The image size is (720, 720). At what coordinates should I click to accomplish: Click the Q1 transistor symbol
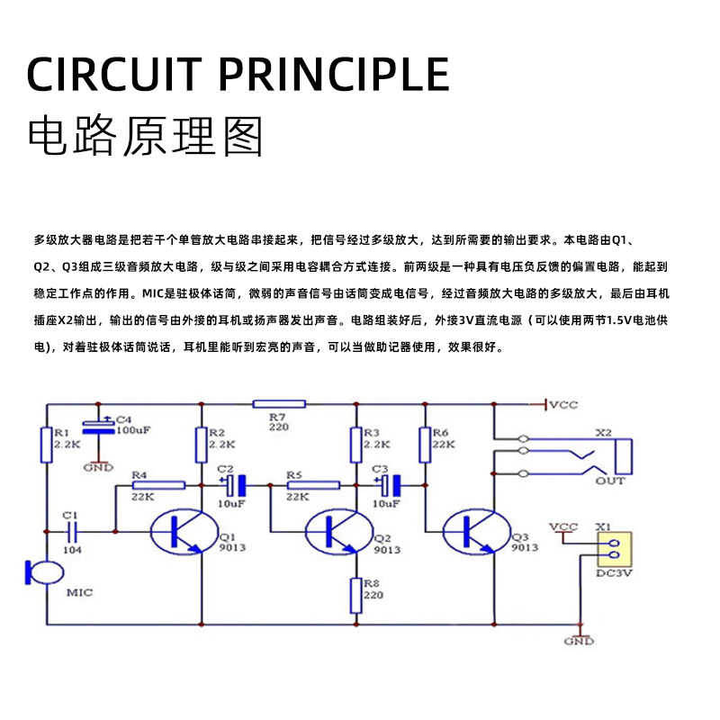tap(184, 531)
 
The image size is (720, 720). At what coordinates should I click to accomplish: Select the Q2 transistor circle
tap(339, 531)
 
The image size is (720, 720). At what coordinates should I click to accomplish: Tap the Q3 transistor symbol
tap(477, 531)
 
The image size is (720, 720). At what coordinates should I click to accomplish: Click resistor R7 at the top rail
tap(279, 404)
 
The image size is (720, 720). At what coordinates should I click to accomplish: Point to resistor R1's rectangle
tap(47, 445)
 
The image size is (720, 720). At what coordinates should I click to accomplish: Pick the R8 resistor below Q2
tap(355, 596)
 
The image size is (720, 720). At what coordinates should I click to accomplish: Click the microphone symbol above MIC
tap(44, 572)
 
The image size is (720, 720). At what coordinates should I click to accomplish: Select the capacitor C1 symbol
tap(72, 532)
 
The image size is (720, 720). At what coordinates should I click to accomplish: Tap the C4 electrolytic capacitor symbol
tap(98, 427)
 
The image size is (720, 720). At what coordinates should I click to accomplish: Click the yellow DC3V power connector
tap(615, 549)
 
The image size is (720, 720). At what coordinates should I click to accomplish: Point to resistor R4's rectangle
tap(158, 485)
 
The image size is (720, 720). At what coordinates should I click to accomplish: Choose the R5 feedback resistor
tap(313, 485)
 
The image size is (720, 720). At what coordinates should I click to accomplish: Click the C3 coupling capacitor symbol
tap(390, 485)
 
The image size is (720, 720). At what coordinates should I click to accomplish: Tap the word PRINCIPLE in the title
tap(334, 75)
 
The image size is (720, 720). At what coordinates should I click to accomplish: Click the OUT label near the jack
tap(610, 481)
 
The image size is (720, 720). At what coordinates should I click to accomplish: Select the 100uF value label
tap(133, 430)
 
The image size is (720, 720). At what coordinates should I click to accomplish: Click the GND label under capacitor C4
tap(98, 467)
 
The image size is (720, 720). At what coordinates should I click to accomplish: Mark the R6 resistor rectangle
tap(425, 445)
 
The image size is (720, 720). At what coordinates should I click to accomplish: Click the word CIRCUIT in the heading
tap(114, 75)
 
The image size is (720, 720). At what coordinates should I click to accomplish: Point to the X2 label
tap(603, 433)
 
